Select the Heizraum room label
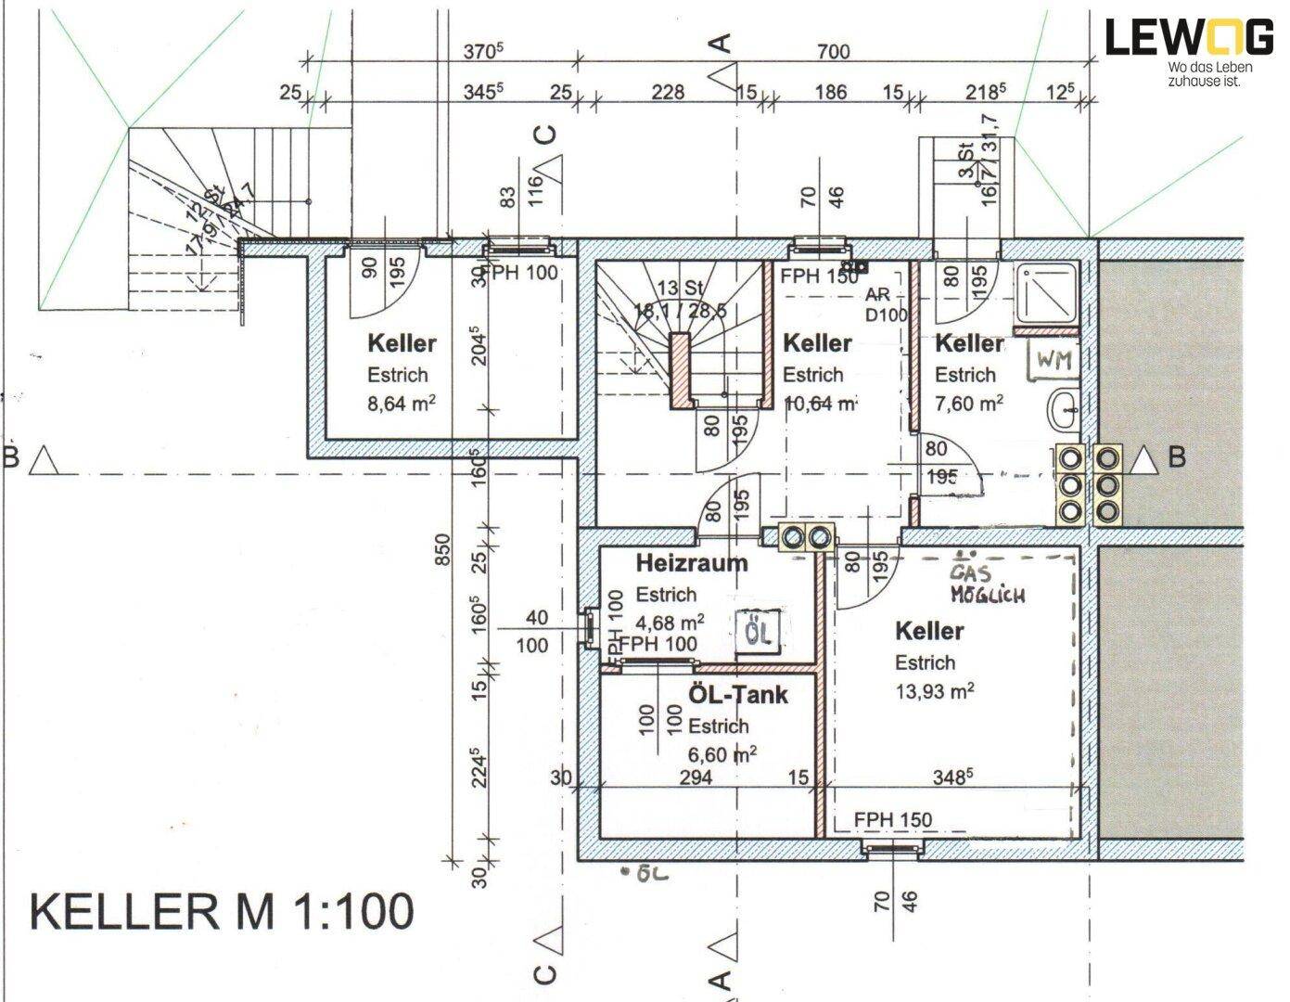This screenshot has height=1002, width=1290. click(691, 562)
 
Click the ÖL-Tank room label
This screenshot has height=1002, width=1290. click(737, 694)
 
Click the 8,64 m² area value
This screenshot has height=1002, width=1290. click(402, 405)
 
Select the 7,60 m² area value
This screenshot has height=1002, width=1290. click(968, 404)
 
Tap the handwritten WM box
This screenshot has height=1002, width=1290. click(1054, 361)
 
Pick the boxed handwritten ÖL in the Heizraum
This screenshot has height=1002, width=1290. click(758, 634)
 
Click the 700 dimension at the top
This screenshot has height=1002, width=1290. click(833, 52)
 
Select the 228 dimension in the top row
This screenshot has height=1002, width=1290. click(668, 92)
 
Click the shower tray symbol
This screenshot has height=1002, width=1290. click(1047, 293)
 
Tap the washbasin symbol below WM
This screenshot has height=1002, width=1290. click(1064, 408)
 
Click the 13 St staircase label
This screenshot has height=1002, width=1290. click(679, 287)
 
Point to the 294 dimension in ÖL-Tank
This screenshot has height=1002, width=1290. click(696, 777)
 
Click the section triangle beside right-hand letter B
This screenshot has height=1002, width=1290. click(1146, 457)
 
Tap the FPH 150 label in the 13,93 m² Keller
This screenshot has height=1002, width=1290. click(893, 819)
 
